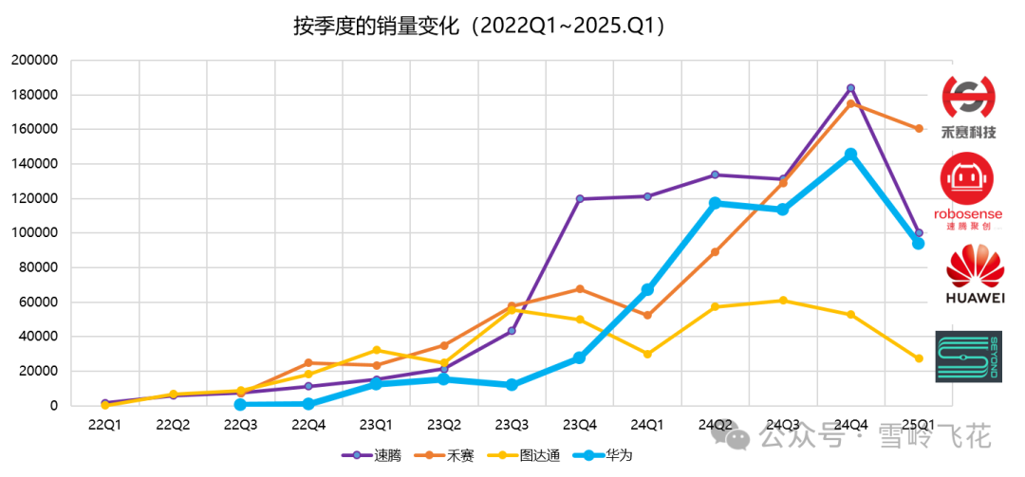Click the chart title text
coord(479,26)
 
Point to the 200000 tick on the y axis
coord(34,60)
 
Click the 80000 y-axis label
coord(38,267)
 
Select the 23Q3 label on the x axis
coord(512,425)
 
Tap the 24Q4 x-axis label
coord(850,425)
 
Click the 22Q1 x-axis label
coord(104,425)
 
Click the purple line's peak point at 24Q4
coord(850,88)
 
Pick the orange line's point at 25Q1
coord(919,129)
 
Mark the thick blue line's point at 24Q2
coord(715,203)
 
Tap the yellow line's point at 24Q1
coord(647,354)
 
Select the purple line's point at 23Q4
coord(580,199)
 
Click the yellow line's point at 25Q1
coord(919,358)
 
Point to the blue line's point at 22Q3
coord(240,405)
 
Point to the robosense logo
coord(967,194)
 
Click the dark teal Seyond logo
coord(968,357)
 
